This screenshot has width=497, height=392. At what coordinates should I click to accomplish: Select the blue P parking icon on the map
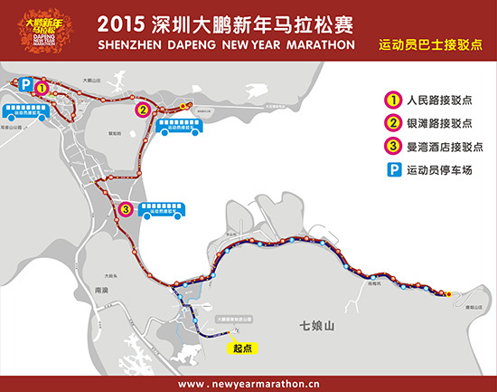click(26, 84)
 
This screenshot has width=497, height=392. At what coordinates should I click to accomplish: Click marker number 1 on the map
click(42, 87)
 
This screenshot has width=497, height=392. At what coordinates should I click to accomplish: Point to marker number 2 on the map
click(142, 110)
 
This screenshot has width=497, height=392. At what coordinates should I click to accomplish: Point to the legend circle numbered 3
click(394, 147)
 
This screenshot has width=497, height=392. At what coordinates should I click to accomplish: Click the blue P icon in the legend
click(394, 169)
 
